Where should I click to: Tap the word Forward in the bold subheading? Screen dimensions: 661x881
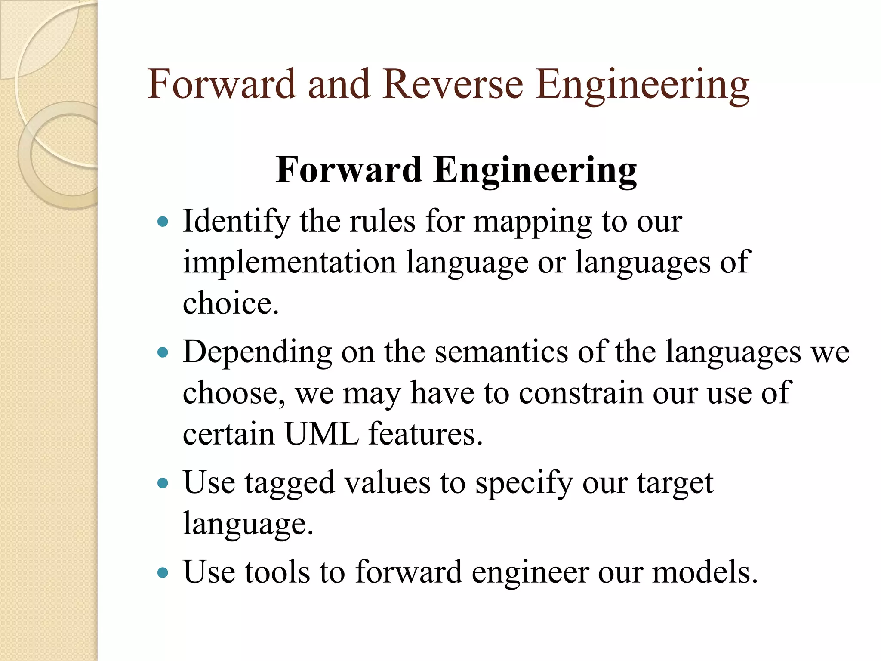349,170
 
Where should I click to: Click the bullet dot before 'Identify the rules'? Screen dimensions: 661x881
163,222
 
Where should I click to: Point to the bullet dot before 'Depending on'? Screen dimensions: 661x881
163,353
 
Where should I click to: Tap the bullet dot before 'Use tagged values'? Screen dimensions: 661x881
163,483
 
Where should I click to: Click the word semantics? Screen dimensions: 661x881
501,352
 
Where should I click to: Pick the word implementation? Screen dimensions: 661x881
290,262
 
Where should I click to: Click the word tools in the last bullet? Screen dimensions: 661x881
277,572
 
